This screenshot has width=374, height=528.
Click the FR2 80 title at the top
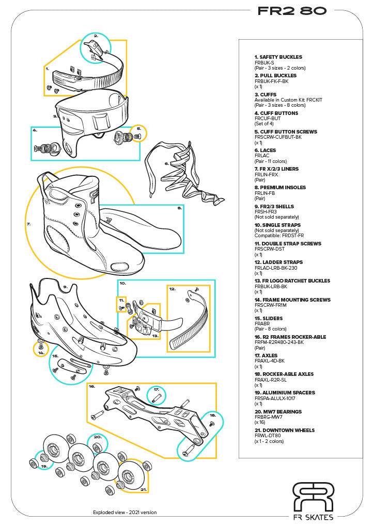[x=292, y=11]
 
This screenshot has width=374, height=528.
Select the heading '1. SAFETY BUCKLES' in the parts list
[x=278, y=57]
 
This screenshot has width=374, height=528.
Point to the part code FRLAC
[x=262, y=156]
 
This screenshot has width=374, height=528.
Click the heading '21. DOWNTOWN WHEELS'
[x=284, y=430]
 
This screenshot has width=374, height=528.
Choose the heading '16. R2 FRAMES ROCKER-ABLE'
[x=290, y=337]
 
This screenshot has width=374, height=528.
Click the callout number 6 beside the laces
[x=166, y=164]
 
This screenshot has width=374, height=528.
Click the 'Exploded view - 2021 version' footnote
[x=124, y=513]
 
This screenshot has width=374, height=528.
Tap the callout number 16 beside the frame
[x=92, y=386]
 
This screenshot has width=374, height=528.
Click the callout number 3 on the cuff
[x=55, y=117]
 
